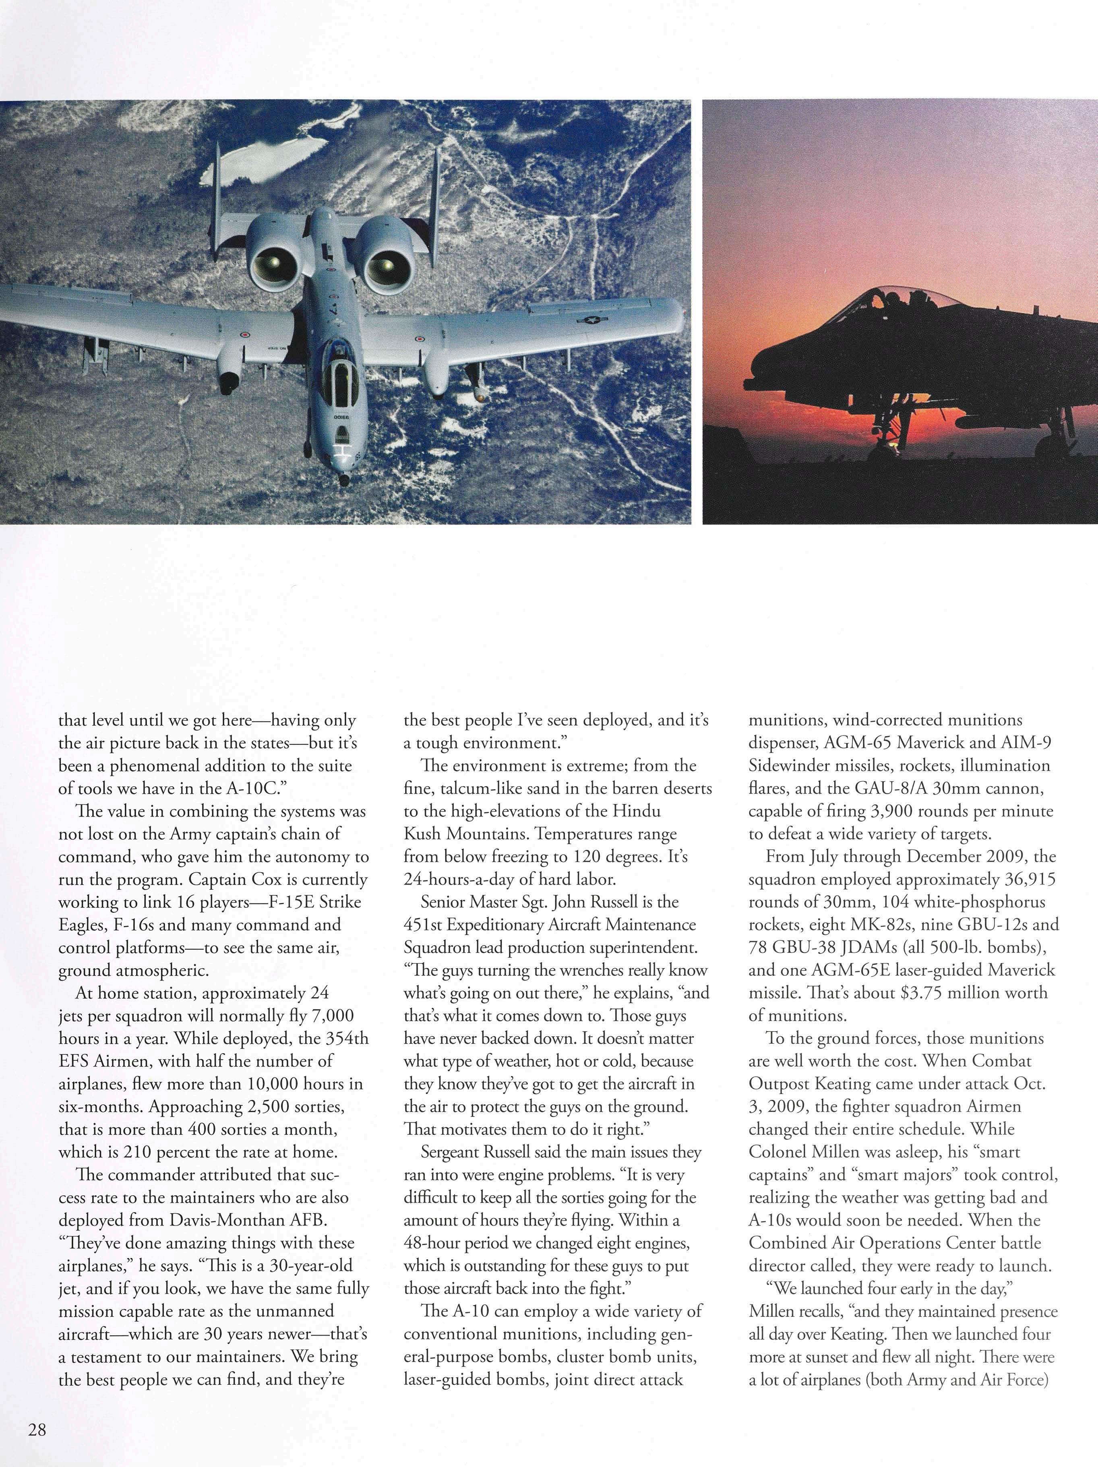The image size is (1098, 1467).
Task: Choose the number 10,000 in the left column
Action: coord(287,1084)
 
